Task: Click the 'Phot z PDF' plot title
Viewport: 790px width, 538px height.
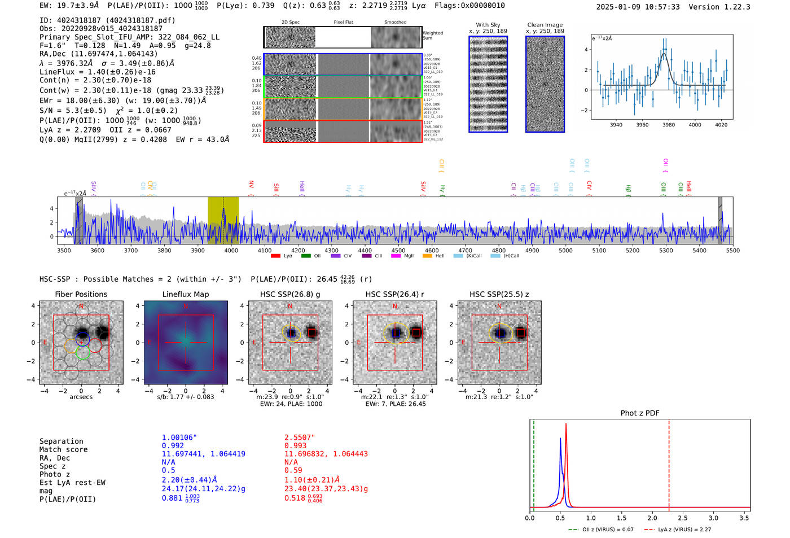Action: (x=640, y=413)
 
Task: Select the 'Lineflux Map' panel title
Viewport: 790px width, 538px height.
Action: (x=185, y=294)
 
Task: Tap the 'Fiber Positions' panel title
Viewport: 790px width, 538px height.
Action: (x=81, y=294)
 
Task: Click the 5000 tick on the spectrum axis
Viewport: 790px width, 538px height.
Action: (x=565, y=251)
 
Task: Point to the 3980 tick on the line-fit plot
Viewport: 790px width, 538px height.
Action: (x=669, y=125)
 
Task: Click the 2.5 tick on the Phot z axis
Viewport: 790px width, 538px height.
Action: (x=683, y=518)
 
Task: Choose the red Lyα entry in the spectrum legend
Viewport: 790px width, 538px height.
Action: (x=282, y=256)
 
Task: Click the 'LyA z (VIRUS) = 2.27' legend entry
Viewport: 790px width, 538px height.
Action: (x=679, y=530)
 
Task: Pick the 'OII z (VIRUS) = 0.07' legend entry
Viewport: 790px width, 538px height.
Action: (x=602, y=530)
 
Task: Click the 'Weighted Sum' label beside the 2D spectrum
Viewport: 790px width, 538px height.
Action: (x=433, y=36)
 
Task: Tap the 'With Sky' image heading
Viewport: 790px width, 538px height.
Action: (x=488, y=25)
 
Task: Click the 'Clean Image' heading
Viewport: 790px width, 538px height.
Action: (x=545, y=25)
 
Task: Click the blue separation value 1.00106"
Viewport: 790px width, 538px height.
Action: (x=179, y=438)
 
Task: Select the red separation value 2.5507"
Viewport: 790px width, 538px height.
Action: (x=300, y=438)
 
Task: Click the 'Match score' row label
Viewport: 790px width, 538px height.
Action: (x=63, y=449)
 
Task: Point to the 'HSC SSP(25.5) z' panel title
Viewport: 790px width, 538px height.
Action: (x=499, y=294)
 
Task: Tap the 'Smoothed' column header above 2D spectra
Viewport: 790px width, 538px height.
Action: (x=395, y=22)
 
